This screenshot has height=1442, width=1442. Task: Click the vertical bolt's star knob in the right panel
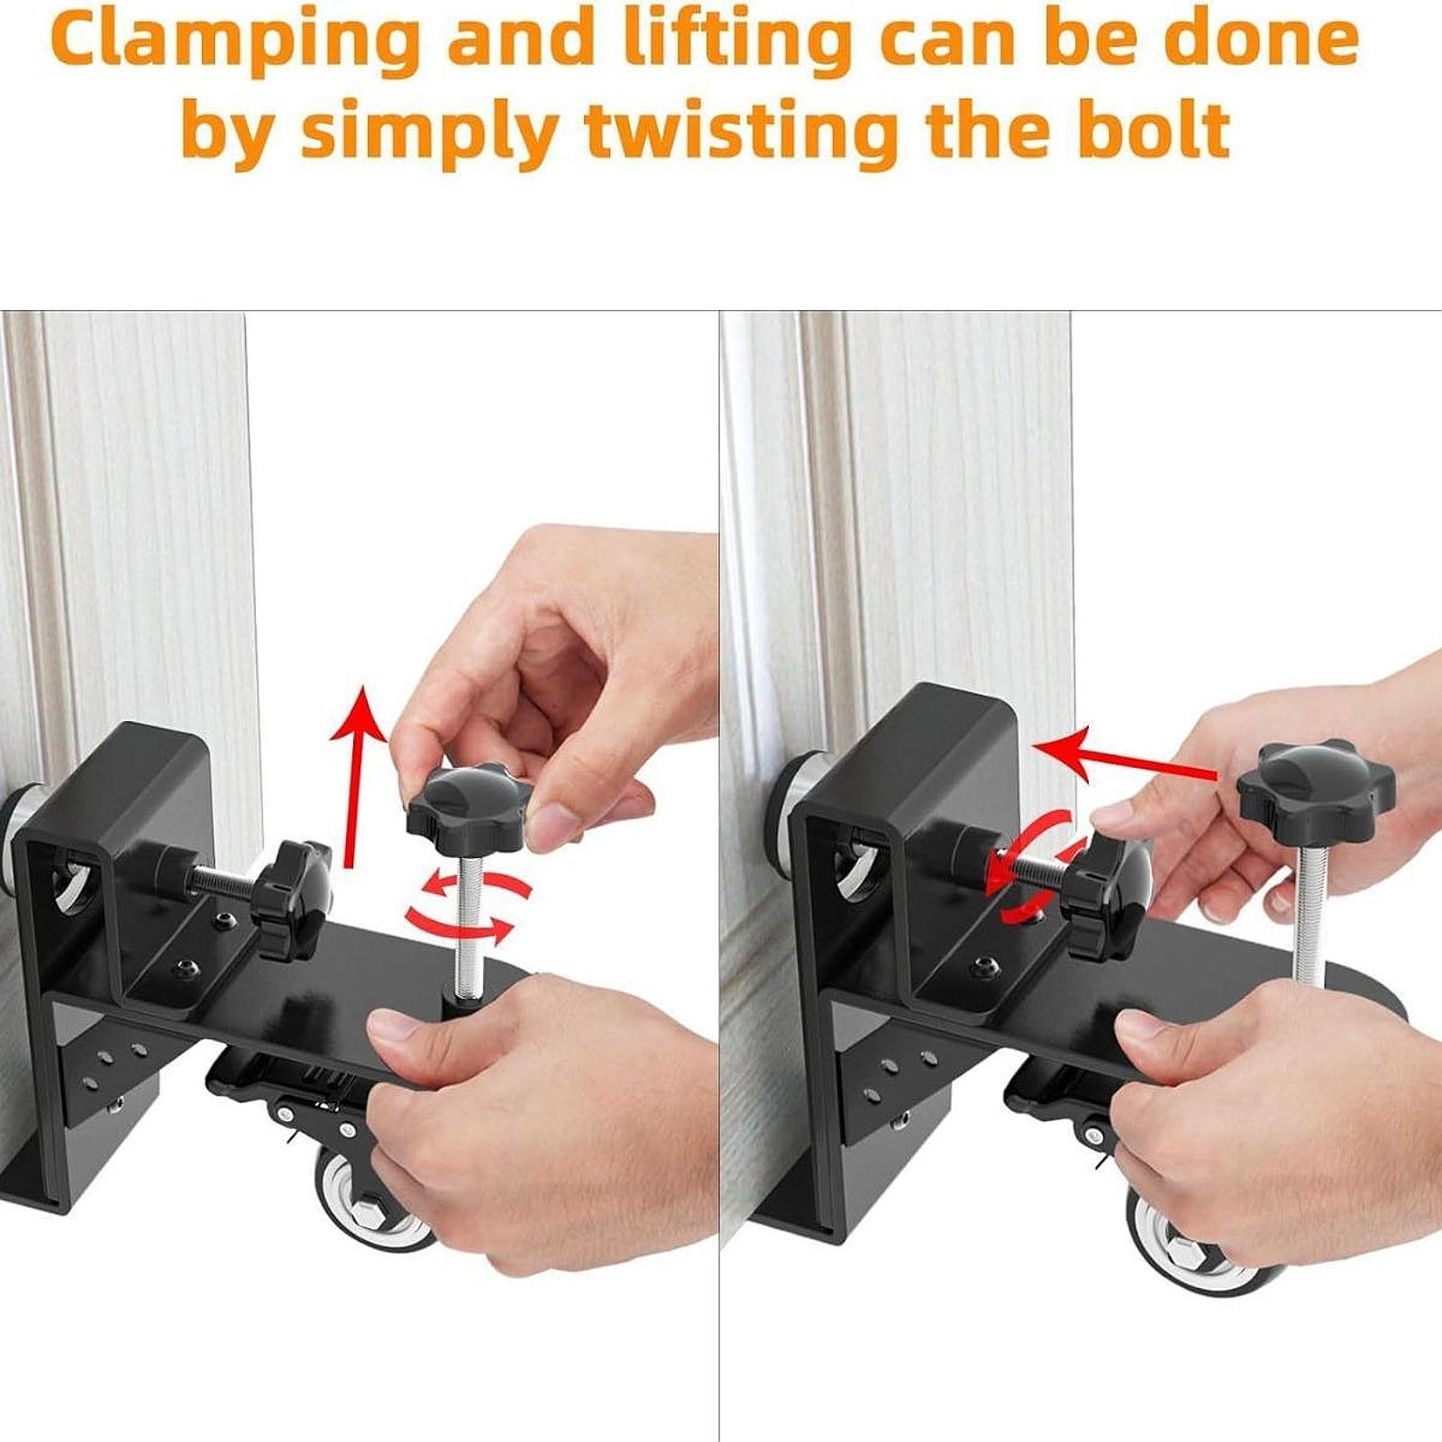tap(1316, 787)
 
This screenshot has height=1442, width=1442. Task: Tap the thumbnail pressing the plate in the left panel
tap(388, 1027)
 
